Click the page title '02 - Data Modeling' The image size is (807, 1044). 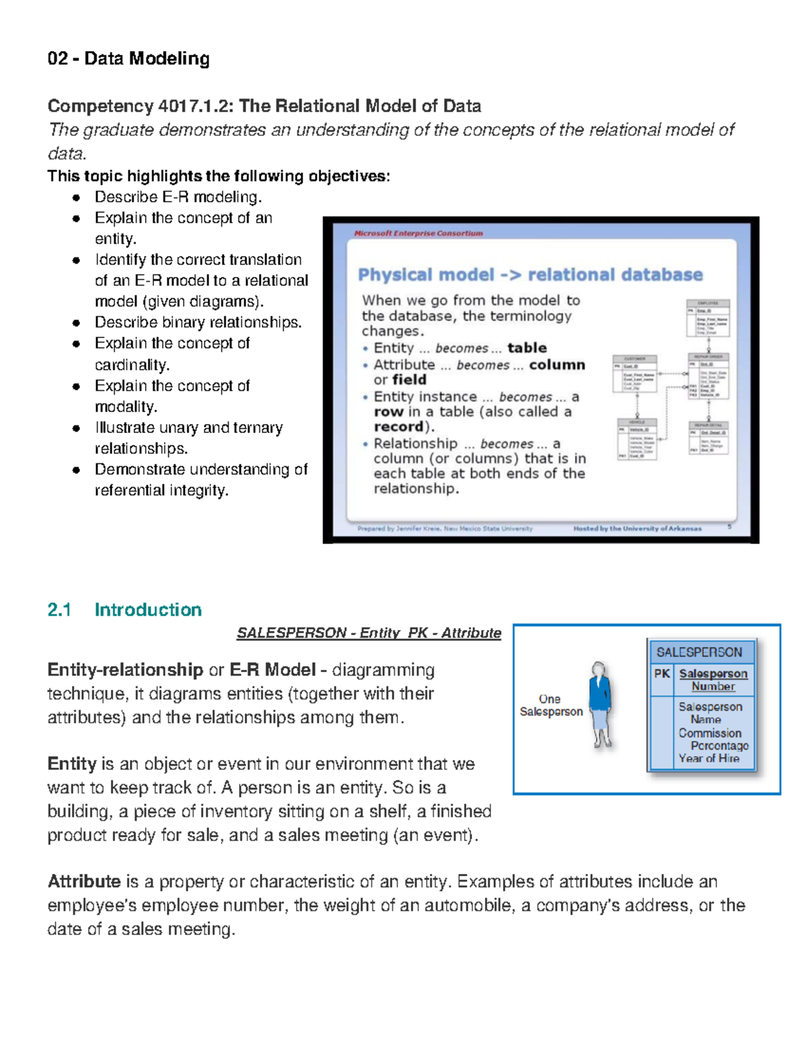[x=128, y=59]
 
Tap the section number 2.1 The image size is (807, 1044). [x=59, y=610]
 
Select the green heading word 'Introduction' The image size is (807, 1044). [x=148, y=610]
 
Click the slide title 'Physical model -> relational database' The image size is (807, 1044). [x=530, y=275]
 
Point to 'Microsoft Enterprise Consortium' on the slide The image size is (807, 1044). [x=418, y=233]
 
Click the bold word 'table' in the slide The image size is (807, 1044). [x=527, y=348]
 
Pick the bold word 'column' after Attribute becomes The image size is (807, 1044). [x=557, y=364]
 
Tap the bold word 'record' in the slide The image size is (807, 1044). [x=398, y=427]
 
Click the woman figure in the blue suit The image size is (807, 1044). [x=600, y=702]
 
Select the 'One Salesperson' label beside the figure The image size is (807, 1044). [x=551, y=705]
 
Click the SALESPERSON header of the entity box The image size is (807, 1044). [x=699, y=652]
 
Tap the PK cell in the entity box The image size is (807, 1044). [x=662, y=674]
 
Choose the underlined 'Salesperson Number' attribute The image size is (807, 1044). [x=713, y=680]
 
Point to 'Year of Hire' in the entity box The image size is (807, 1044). [x=709, y=758]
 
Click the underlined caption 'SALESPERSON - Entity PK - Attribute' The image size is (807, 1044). [x=369, y=633]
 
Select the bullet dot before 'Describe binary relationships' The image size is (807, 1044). [x=77, y=323]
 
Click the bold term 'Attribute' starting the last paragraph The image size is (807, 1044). [x=84, y=881]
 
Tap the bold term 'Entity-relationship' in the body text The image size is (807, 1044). [x=125, y=670]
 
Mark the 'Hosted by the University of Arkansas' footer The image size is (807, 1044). [x=637, y=528]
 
